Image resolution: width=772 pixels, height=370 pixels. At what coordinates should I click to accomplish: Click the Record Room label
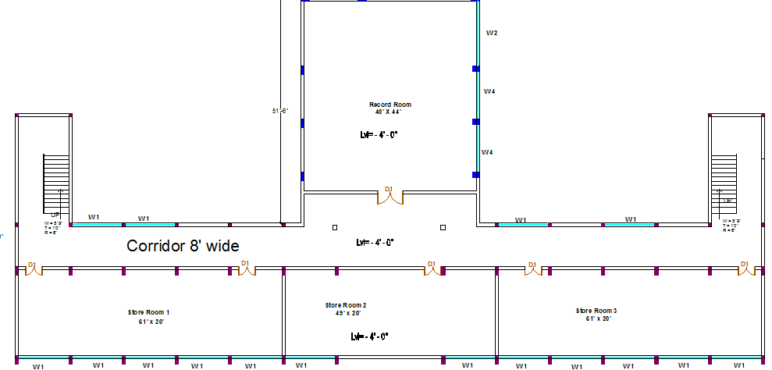point(390,105)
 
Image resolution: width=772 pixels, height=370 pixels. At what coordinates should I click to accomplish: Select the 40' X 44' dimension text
point(390,112)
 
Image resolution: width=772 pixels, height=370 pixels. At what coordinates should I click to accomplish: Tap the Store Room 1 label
point(148,312)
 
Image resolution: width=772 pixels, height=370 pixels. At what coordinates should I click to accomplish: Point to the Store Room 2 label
point(346,305)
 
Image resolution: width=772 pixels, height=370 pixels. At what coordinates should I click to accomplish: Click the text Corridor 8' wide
point(183,246)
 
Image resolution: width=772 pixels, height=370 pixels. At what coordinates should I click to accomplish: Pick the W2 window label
point(492,34)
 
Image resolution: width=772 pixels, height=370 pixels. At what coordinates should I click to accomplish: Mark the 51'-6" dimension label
point(280,112)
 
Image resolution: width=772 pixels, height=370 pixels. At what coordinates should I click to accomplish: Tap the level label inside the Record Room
point(379,134)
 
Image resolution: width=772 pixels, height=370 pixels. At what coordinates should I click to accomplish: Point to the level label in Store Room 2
point(369,336)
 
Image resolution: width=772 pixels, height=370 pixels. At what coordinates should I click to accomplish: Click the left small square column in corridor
point(335,227)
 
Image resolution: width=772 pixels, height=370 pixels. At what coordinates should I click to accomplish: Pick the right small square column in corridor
point(443,227)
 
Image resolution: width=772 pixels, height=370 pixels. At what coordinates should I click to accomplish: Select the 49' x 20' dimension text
point(346,313)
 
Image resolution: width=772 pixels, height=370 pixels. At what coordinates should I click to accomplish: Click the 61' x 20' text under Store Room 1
point(148,321)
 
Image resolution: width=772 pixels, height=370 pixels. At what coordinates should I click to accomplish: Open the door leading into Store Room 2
point(430,268)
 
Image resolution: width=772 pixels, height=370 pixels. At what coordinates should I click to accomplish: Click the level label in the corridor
point(375,243)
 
